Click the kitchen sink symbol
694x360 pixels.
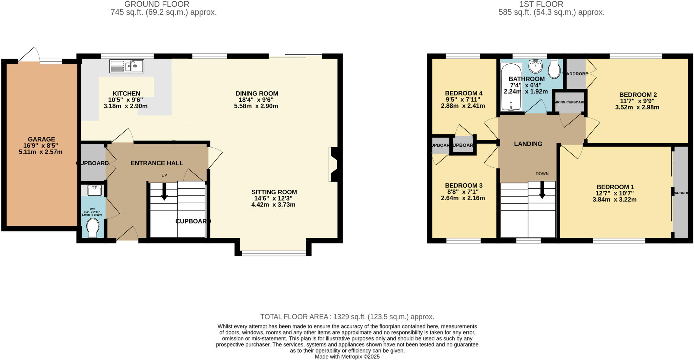[127, 66]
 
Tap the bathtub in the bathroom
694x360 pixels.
[511, 87]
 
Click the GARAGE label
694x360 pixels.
[41, 139]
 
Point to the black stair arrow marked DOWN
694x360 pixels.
[542, 191]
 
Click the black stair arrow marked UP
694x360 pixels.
[164, 192]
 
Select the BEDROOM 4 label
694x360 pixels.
[464, 93]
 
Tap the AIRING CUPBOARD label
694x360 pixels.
[569, 102]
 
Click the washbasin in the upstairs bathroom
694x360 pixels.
[536, 66]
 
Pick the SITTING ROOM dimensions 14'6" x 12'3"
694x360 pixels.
[273, 198]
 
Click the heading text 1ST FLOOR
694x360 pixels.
[541, 4]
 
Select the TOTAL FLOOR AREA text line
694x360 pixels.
[347, 317]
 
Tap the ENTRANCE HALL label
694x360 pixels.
[157, 163]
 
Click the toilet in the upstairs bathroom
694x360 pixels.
[554, 69]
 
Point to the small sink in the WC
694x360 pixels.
[94, 190]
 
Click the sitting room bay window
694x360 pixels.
[274, 253]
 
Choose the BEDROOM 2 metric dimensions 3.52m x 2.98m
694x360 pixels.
[637, 107]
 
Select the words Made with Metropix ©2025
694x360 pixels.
[347, 357]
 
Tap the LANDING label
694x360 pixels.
[528, 144]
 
